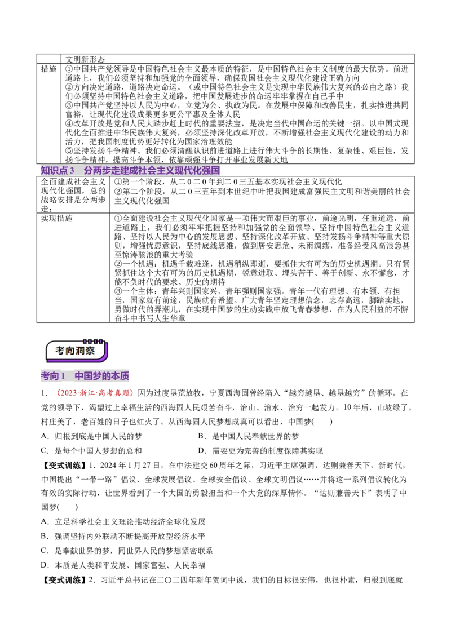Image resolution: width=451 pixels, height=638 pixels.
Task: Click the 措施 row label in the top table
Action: click(48, 69)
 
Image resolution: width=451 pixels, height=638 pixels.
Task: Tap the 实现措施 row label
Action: click(56, 219)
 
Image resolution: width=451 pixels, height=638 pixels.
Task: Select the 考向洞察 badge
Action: click(77, 351)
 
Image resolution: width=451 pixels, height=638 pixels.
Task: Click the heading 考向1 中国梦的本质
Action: click(85, 376)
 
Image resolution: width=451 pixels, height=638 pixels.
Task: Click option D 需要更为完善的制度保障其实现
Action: click(260, 451)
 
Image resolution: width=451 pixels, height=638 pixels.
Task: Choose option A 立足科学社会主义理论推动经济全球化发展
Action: click(123, 522)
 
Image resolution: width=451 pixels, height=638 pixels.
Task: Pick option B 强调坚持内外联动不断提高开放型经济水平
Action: click(123, 537)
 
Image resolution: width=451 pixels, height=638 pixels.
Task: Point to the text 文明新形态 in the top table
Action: click(85, 59)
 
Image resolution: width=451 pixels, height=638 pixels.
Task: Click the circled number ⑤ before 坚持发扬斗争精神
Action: click(69, 151)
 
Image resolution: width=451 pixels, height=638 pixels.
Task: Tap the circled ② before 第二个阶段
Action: click(118, 191)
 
